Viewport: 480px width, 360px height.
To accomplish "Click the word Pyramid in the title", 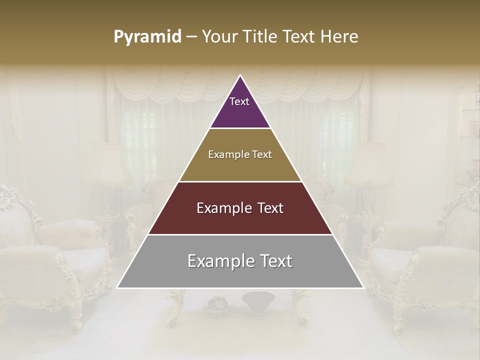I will click(147, 37).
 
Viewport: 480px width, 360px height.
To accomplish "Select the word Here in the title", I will click(339, 37).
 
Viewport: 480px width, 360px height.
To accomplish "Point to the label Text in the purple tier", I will click(239, 101).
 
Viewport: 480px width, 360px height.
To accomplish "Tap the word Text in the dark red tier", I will click(267, 208).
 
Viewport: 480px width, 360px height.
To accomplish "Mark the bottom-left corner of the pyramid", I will click(118, 287).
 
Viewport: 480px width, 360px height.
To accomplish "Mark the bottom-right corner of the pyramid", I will click(363, 287).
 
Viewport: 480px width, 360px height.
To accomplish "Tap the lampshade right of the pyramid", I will click(369, 164).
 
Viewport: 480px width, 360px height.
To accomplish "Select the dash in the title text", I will click(191, 37).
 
